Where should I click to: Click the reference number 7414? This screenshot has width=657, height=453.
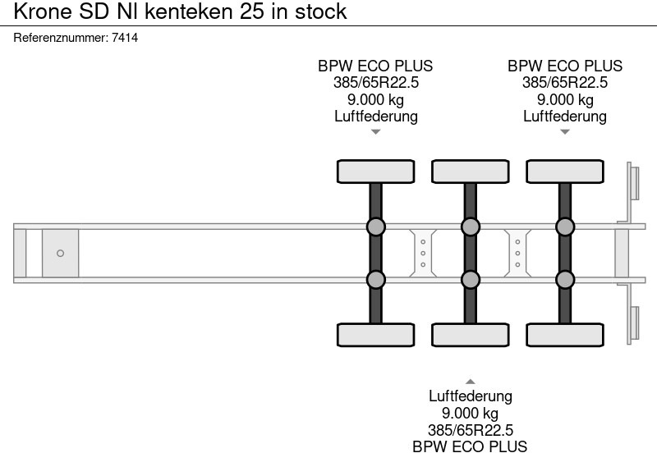pos(126,38)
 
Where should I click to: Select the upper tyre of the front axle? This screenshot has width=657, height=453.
pos(375,172)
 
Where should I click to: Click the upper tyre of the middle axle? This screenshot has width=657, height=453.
pos(470,172)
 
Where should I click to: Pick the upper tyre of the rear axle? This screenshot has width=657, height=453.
pos(565,172)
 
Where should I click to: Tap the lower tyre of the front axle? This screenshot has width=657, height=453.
pos(375,335)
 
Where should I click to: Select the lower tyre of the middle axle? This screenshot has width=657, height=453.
pos(470,335)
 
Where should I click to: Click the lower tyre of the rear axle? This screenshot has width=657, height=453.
pos(565,335)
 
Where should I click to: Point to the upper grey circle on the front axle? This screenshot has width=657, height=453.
pos(375,226)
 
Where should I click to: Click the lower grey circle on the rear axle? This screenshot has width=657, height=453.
pos(565,280)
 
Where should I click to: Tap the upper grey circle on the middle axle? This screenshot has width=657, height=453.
pos(470,226)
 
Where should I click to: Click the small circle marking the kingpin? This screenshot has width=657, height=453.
pos(60,254)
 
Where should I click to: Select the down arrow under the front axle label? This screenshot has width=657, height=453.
pos(375,132)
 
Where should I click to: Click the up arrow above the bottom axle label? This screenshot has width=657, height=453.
pos(470,382)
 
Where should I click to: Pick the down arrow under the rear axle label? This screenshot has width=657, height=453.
pos(565,132)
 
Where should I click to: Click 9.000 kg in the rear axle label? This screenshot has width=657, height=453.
pos(565,99)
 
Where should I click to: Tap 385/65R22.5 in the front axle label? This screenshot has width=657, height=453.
pos(375,83)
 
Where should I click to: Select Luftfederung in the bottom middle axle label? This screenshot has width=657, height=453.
pos(470,396)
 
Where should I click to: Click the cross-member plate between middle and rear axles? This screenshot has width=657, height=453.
pos(517,254)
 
